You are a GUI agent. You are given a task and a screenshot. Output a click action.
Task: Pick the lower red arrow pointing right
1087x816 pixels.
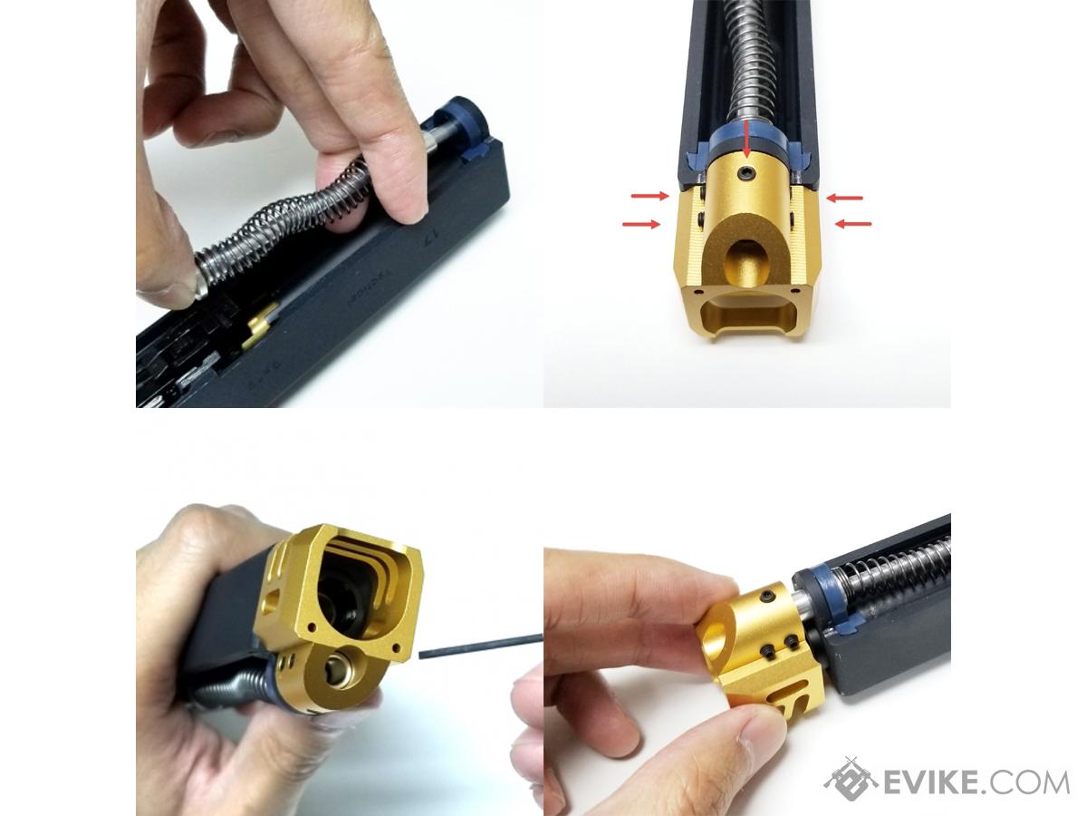pyautogui.click(x=643, y=223)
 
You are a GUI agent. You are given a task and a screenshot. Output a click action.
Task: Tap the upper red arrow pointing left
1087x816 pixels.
pyautogui.click(x=845, y=196)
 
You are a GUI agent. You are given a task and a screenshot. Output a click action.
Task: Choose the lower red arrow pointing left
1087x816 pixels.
pyautogui.click(x=852, y=223)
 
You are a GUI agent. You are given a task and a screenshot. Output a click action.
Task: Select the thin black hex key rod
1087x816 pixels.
pyautogui.click(x=480, y=644)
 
